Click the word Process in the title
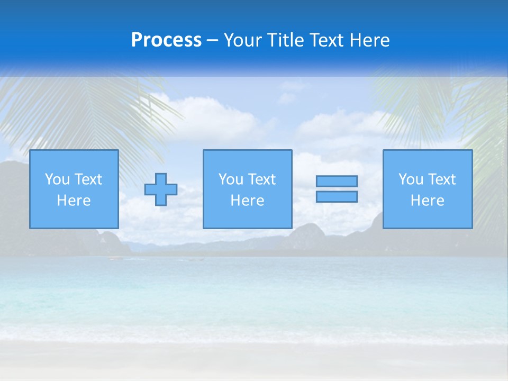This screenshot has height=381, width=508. (x=166, y=40)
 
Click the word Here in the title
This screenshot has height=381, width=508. (x=370, y=40)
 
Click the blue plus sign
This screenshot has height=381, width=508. (x=161, y=189)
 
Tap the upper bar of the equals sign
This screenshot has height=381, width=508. (x=337, y=181)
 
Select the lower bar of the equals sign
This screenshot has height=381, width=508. (x=337, y=196)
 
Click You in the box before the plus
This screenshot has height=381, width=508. (x=57, y=179)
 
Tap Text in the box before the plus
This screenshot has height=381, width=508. (x=88, y=179)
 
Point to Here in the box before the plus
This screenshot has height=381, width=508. (x=74, y=201)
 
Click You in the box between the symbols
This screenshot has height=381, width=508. (x=231, y=179)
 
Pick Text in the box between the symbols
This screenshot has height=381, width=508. (x=261, y=179)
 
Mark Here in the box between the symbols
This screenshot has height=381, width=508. (x=247, y=201)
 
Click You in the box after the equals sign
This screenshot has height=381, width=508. (x=411, y=179)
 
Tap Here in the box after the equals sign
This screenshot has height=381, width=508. (x=427, y=201)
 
